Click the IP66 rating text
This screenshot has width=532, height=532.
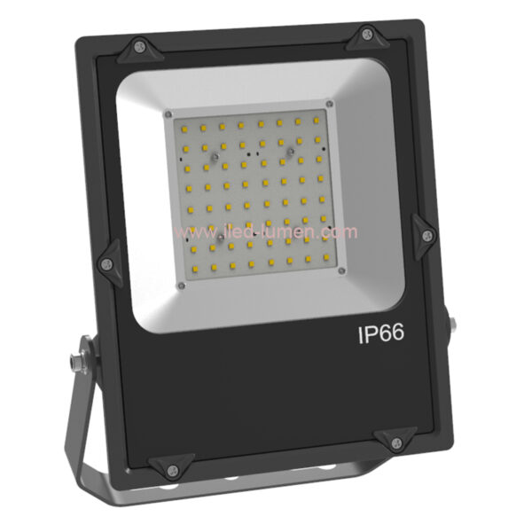[x=381, y=335]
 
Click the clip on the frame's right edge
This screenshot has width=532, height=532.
[x=426, y=235]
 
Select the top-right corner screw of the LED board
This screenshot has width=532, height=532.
[x=329, y=104]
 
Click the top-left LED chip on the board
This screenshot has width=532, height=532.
[x=184, y=129]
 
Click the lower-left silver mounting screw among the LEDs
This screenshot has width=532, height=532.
[x=218, y=237]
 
